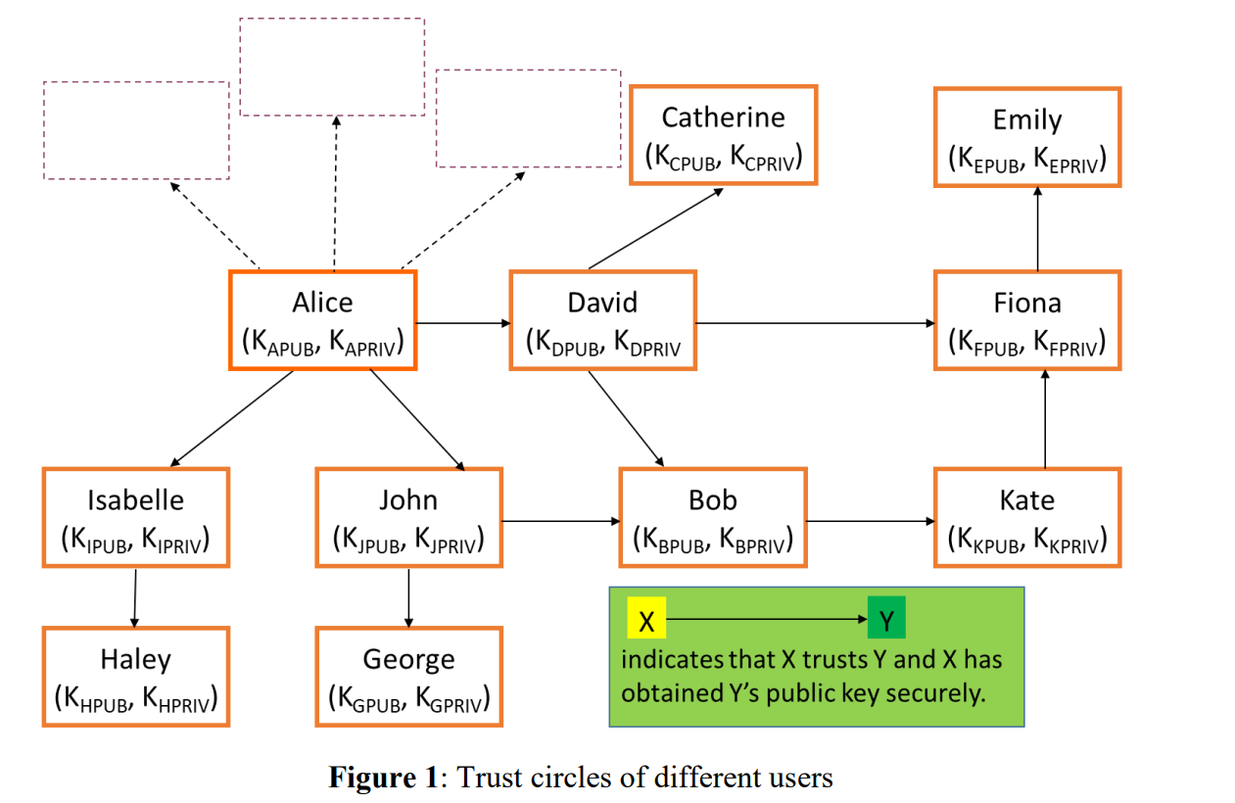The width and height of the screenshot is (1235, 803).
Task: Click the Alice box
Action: tap(322, 320)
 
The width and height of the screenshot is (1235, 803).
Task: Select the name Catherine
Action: tap(723, 118)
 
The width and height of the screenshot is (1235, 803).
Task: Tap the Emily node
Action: tap(1026, 136)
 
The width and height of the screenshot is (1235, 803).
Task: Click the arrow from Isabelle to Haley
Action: tap(135, 596)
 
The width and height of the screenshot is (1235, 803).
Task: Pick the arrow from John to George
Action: tap(408, 596)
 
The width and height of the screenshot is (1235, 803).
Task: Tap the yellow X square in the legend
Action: tap(645, 621)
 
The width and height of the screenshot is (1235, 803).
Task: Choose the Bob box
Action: tap(712, 517)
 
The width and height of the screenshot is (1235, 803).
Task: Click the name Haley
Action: tap(135, 658)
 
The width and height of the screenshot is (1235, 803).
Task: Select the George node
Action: tap(408, 676)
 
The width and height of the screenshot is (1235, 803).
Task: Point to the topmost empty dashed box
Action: tap(332, 67)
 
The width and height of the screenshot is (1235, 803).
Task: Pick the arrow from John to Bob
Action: tap(560, 521)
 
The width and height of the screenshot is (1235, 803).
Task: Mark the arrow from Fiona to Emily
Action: tap(1037, 228)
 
